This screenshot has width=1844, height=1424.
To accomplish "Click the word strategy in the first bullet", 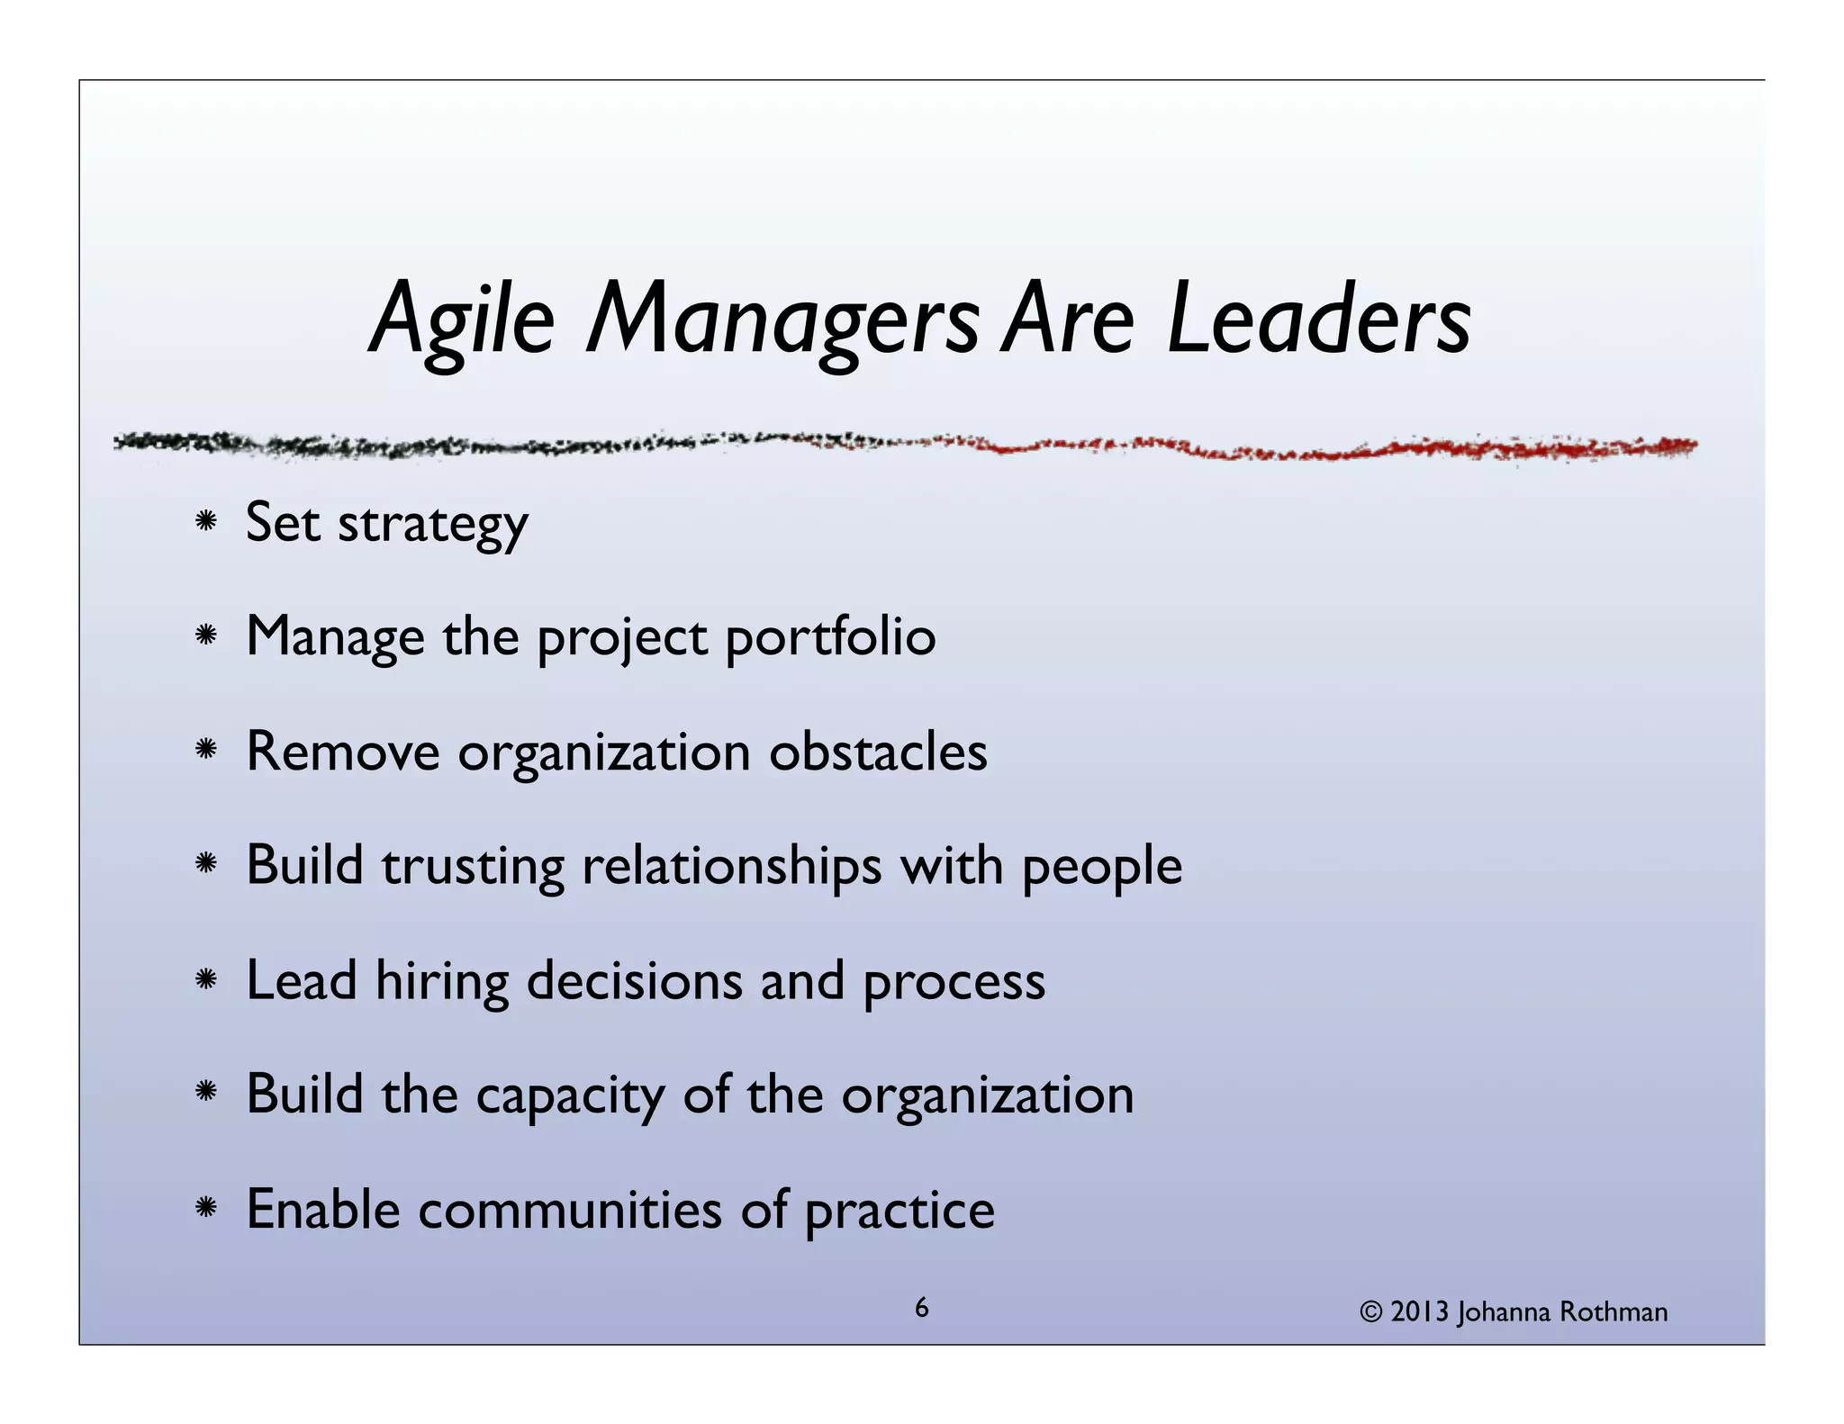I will tap(432, 525).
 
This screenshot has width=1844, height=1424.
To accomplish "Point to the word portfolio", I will tap(830, 638).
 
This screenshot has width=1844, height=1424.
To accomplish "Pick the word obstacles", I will tap(878, 752).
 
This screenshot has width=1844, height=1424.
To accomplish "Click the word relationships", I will tap(732, 867).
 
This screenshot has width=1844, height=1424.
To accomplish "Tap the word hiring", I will tap(441, 981).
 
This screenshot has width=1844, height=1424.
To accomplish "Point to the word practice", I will tap(899, 1211).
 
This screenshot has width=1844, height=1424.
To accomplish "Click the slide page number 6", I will tap(921, 1308).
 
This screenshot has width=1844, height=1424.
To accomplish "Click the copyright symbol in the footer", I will tap(1370, 1313).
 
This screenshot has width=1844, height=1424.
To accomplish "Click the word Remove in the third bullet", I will tap(342, 752).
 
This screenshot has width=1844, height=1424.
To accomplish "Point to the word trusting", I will tap(472, 867).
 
